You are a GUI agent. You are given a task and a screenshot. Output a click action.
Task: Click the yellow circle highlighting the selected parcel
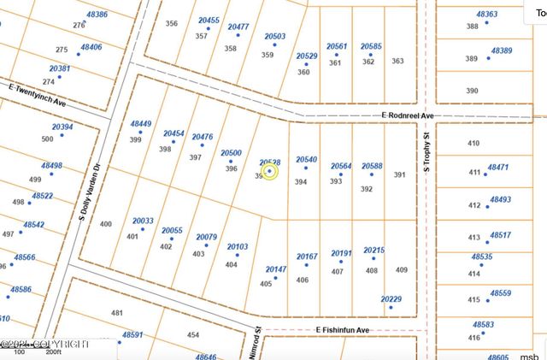pyautogui.click(x=270, y=171)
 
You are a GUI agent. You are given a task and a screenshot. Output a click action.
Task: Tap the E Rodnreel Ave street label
pyautogui.click(x=409, y=115)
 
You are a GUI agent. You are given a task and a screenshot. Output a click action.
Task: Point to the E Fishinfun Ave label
pyautogui.click(x=342, y=329)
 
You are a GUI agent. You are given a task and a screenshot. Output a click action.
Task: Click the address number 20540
pyautogui.click(x=306, y=160)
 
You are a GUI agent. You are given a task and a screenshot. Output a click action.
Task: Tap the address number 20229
pyautogui.click(x=391, y=299)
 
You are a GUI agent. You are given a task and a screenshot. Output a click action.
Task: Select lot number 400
pyautogui.click(x=106, y=224)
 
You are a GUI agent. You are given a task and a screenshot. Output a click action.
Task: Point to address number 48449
pyautogui.click(x=140, y=124)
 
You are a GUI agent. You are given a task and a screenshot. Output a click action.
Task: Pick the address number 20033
pyautogui.click(x=143, y=221)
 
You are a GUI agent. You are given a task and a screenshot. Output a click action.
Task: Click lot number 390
pyautogui.click(x=473, y=90)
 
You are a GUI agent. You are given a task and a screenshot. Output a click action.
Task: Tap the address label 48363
pyautogui.click(x=487, y=15)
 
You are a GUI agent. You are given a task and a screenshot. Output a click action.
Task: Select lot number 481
pyautogui.click(x=117, y=313)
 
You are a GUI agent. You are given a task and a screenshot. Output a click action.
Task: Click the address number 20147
pyautogui.click(x=276, y=269)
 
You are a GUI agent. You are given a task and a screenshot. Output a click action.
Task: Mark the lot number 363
pyautogui.click(x=397, y=61)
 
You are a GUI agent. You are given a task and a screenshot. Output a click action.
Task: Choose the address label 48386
pyautogui.click(x=97, y=15)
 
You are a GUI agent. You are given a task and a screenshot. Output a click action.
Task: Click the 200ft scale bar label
pyautogui.click(x=55, y=351)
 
